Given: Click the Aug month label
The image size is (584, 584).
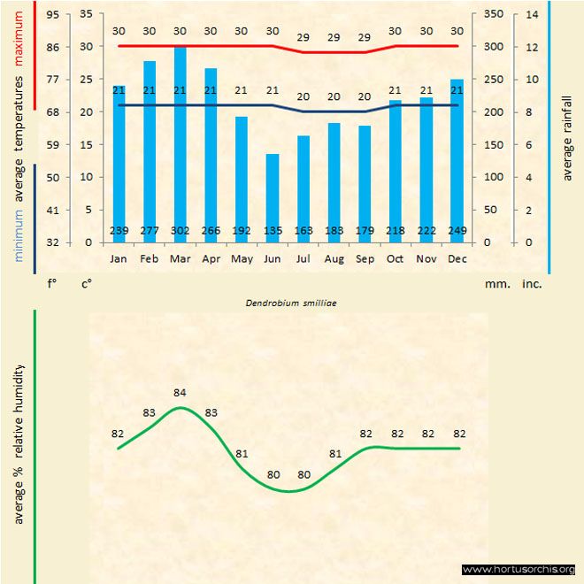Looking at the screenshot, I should [334, 259].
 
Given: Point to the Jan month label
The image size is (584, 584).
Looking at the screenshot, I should [119, 259].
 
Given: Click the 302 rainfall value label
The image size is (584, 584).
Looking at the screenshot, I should [180, 231].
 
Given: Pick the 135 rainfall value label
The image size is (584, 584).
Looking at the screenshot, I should [272, 231].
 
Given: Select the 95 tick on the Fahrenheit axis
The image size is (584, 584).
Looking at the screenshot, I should [53, 14].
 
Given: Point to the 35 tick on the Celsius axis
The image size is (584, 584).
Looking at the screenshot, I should [86, 14].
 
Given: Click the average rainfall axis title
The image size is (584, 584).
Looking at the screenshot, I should [567, 137].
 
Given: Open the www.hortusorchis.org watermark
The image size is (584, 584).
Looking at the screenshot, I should [519, 570].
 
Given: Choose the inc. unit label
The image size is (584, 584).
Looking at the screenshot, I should [532, 285].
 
